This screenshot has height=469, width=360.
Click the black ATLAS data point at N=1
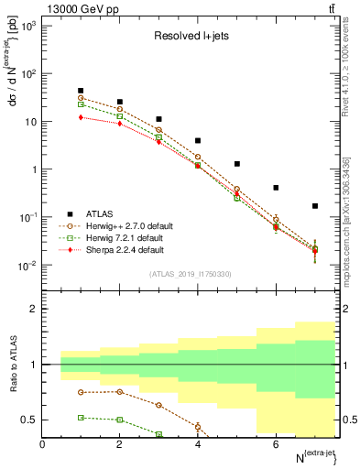[x=82, y=91]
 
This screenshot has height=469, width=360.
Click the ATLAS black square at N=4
[x=198, y=141]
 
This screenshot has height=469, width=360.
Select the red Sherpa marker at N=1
[x=82, y=117]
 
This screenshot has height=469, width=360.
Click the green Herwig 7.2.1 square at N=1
[x=82, y=104]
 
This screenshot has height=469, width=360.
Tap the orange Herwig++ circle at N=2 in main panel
[x=120, y=109]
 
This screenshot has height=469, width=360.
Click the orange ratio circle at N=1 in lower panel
[x=82, y=392]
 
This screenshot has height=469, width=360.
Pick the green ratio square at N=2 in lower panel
[x=120, y=420]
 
